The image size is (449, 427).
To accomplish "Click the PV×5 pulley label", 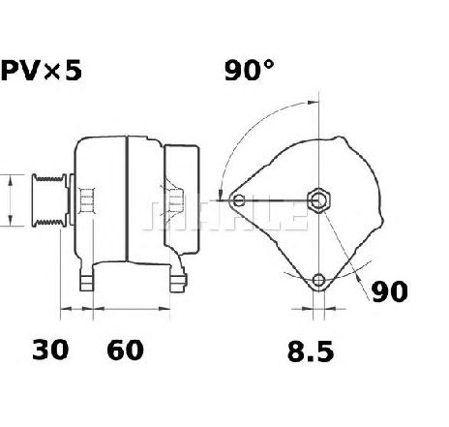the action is coord(42,71).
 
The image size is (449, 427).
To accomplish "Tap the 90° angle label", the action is coord(249,70).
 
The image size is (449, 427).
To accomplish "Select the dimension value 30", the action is coord(50,350).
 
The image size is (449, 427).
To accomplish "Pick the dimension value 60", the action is coord(125,350).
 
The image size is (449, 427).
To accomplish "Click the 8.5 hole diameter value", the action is coord(311,351).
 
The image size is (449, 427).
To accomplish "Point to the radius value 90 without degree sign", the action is coord(390,291).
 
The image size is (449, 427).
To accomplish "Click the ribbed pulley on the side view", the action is coord(49,200).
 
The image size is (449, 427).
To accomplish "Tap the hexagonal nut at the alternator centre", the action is coord(318,200).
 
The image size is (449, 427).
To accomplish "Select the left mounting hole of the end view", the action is coord(239,200).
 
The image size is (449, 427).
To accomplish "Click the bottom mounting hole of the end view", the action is coord(318,280).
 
